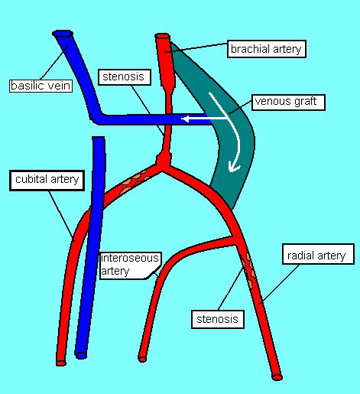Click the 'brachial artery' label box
click(267, 49)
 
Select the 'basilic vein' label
click(41, 86)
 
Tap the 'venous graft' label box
click(288, 102)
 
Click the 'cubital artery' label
click(47, 180)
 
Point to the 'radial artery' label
click(318, 254)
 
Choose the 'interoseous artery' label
click(130, 265)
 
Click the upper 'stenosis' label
click(125, 77)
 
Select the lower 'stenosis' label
click(218, 319)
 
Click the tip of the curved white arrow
click(230, 171)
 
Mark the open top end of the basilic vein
click(63, 34)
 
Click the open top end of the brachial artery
click(162, 36)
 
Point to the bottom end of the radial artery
click(277, 376)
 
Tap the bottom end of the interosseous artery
click(142, 359)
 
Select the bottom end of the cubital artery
click(61, 363)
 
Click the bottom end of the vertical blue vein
click(81, 355)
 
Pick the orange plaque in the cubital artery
click(134, 182)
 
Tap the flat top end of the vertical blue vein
click(99, 138)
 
